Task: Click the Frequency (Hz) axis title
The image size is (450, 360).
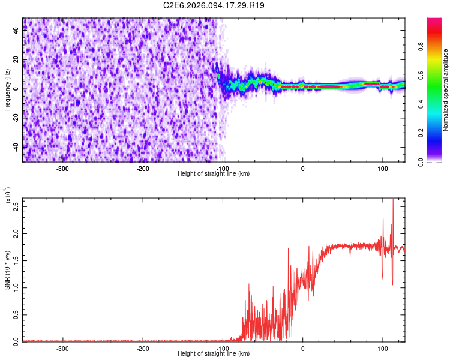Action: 7,90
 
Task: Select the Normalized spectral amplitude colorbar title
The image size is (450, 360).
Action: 445,90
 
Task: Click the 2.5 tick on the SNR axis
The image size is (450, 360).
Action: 17,206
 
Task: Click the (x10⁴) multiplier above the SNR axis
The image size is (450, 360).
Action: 8,196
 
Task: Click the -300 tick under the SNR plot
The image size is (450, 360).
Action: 62,348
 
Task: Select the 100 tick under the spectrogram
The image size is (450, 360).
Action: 382,168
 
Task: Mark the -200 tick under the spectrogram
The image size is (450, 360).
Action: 142,168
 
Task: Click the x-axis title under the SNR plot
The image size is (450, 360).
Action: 214,354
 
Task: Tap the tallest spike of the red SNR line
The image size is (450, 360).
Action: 393,200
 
